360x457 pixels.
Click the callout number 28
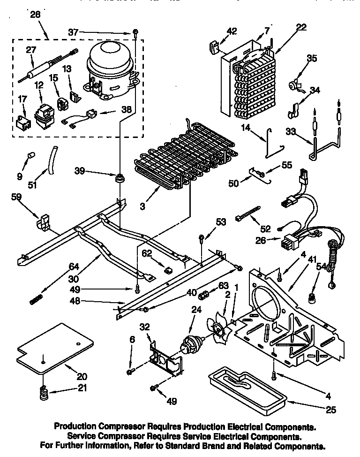click(35, 15)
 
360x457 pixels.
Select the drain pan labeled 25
click(246, 385)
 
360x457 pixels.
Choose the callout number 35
click(311, 59)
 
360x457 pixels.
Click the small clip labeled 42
click(214, 47)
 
